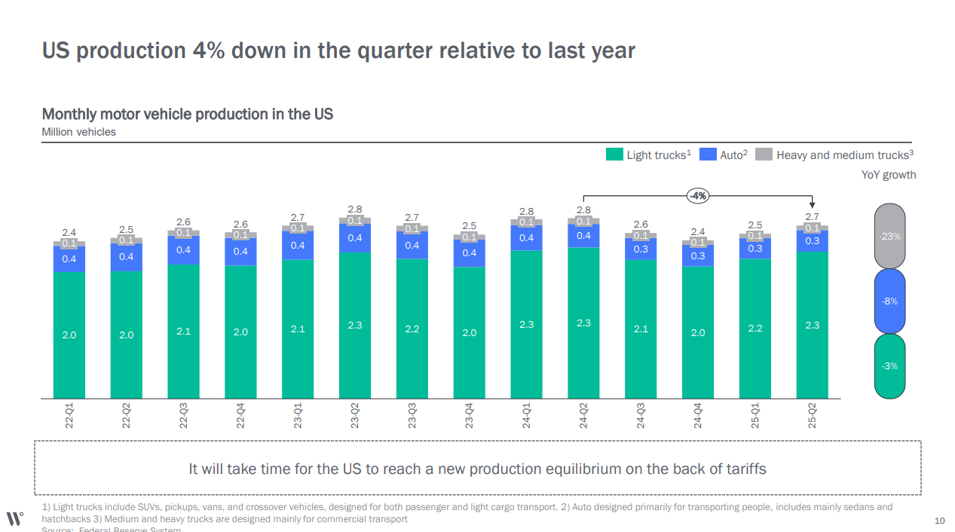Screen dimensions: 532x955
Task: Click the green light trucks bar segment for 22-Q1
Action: pos(69,335)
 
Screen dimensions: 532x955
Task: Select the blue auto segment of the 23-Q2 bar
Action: pos(354,238)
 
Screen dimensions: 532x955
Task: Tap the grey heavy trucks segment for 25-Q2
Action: pos(812,228)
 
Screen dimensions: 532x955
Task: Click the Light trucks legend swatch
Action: pos(614,154)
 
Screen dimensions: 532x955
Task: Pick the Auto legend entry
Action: pos(724,154)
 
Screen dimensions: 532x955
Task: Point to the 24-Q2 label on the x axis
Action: pos(583,416)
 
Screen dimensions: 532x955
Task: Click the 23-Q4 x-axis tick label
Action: pos(469,416)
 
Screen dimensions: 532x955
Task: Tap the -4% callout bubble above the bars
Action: pos(697,196)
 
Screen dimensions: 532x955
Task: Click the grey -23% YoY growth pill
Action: pos(890,236)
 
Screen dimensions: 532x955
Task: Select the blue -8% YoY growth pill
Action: pos(890,301)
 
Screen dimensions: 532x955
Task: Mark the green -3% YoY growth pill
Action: pos(890,365)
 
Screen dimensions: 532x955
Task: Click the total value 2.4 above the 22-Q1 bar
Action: pos(69,232)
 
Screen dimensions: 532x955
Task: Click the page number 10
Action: pos(939,521)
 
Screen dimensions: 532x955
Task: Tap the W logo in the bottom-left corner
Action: pos(14,518)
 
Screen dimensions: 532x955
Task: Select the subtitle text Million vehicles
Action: pos(79,132)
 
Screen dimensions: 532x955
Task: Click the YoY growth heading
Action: pos(888,175)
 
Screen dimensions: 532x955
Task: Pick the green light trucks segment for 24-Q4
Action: pos(698,332)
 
